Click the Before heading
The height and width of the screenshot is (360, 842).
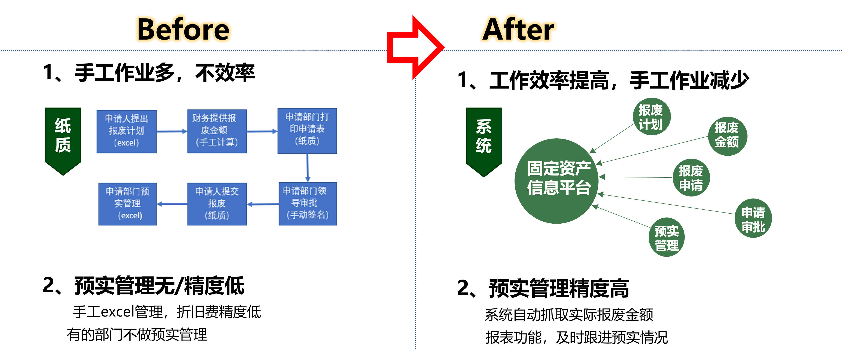(x=183, y=30)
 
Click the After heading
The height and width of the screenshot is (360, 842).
(x=518, y=30)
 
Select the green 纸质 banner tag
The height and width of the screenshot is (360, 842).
(x=63, y=139)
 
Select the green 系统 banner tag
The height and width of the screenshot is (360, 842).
(x=484, y=140)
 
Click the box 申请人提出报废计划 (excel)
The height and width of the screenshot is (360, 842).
(x=126, y=131)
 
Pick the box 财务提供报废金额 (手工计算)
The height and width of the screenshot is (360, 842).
(x=217, y=131)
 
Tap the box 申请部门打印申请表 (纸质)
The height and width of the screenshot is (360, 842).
(x=307, y=130)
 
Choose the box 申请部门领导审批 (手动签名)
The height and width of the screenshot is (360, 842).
(x=307, y=203)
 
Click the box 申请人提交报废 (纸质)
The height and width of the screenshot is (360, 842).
(x=217, y=203)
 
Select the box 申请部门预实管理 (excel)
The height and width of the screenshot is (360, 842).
(x=128, y=203)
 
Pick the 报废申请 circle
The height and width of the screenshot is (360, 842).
(x=691, y=177)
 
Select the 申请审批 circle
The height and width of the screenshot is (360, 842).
(x=753, y=218)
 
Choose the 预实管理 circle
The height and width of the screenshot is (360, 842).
(x=667, y=237)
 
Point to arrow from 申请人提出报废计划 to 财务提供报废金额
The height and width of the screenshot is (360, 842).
(x=172, y=131)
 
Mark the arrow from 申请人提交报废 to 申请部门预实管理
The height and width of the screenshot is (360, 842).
(x=172, y=204)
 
